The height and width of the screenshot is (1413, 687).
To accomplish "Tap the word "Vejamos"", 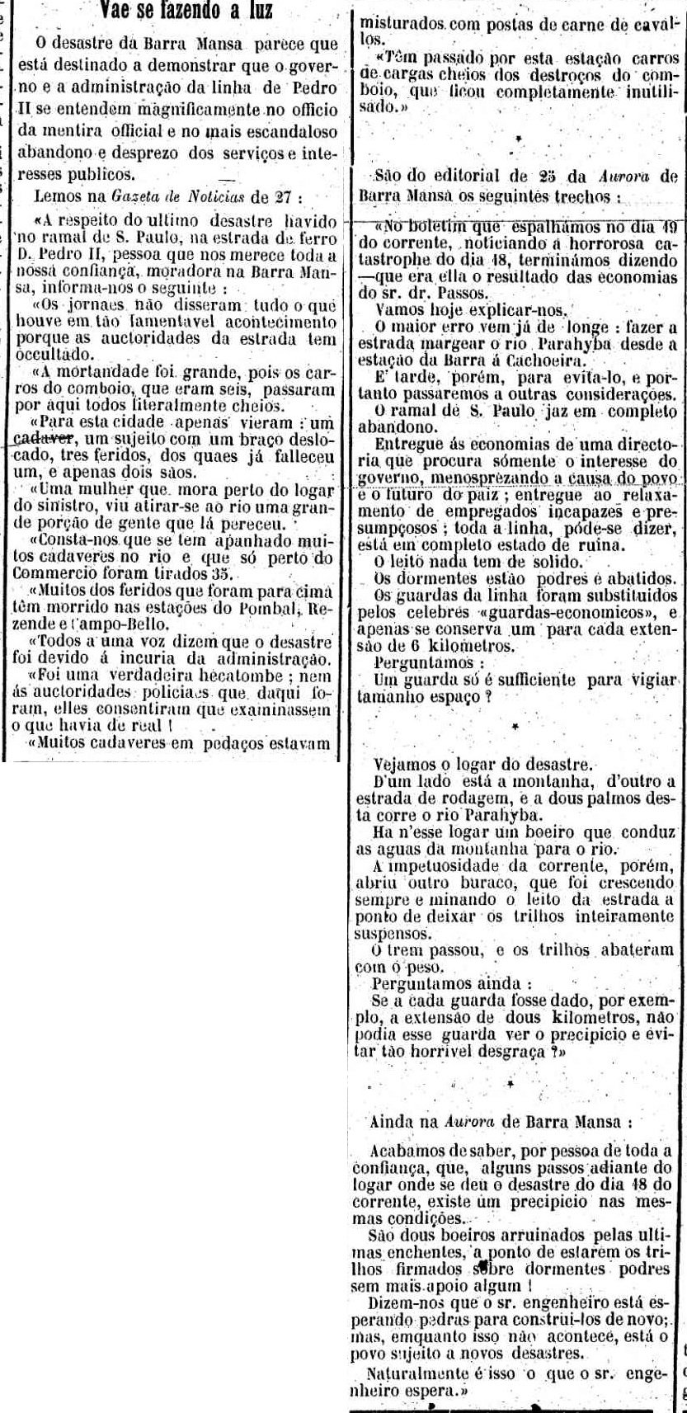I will pos(400,763).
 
